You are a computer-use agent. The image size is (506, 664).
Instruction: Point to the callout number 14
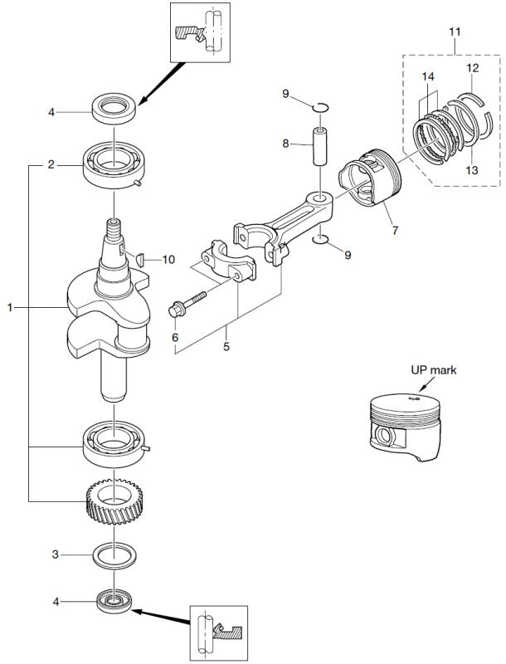(427, 77)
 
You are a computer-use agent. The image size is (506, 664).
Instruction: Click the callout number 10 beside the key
(169, 260)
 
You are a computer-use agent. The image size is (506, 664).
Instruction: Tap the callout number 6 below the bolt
(175, 337)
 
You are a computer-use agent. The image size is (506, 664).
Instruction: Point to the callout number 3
(55, 553)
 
